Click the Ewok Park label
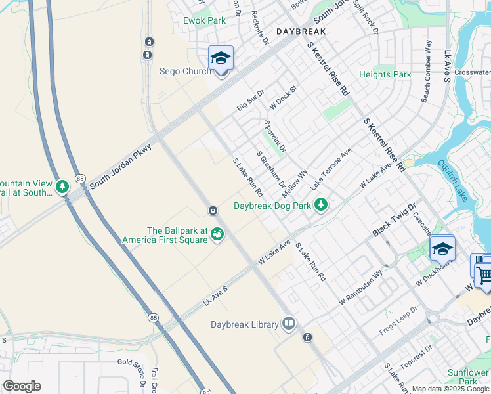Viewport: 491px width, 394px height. [x=204, y=20]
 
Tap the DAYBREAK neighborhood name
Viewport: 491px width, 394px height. [x=301, y=32]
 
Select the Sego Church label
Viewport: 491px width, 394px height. [x=186, y=71]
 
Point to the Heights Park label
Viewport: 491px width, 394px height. [x=385, y=74]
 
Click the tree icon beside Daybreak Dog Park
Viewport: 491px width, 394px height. [x=321, y=206]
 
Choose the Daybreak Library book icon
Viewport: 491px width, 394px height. [x=289, y=324]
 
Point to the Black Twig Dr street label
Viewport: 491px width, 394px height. [x=395, y=219]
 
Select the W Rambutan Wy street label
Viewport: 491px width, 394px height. [x=360, y=288]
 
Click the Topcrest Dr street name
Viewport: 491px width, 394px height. [x=418, y=359]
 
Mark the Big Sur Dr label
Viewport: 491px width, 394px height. [x=251, y=100]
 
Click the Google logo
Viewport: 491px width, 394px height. [x=22, y=386]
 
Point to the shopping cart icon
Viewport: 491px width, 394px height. [x=483, y=273]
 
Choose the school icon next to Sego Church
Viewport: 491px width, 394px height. [x=221, y=58]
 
